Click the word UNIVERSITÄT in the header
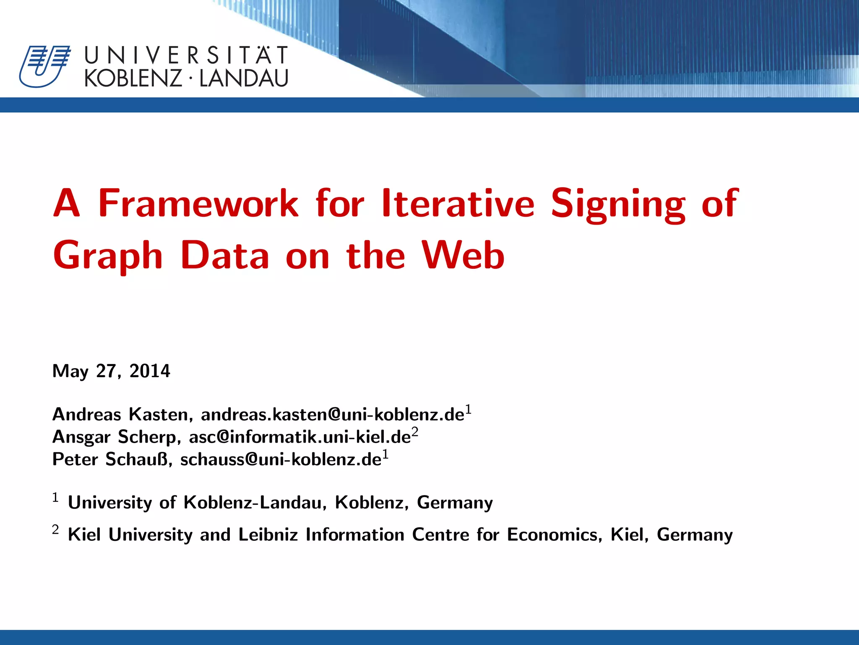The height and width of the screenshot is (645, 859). [x=186, y=56]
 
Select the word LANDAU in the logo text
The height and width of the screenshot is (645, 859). [x=244, y=79]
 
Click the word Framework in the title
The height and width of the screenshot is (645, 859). [x=198, y=204]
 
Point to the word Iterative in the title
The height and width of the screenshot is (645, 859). [x=458, y=204]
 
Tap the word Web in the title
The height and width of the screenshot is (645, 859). [x=463, y=256]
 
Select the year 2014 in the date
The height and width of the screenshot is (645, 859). [x=150, y=371]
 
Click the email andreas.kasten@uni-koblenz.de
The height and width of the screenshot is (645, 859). [x=333, y=415]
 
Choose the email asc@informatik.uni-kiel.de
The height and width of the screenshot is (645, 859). [x=299, y=437]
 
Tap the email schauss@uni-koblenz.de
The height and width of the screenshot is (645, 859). [x=281, y=459]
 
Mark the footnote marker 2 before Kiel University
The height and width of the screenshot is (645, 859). [x=55, y=530]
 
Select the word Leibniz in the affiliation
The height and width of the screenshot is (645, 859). [x=268, y=535]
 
